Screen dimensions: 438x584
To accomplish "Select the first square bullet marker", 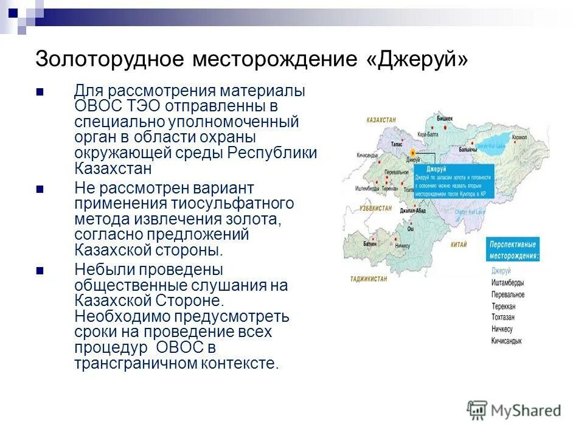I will coord(40,92).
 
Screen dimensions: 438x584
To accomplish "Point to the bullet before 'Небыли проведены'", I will coord(40,270).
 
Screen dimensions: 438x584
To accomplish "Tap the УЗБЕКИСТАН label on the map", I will coord(375,208).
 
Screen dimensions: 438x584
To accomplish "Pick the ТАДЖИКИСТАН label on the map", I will coord(369,278).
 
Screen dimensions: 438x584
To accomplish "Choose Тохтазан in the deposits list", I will coord(507,317).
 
